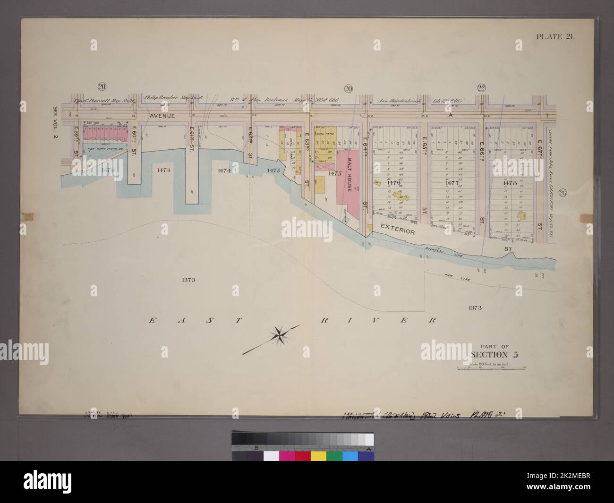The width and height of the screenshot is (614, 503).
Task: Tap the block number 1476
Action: [393, 182]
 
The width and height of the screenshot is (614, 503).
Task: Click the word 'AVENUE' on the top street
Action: [163, 116]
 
